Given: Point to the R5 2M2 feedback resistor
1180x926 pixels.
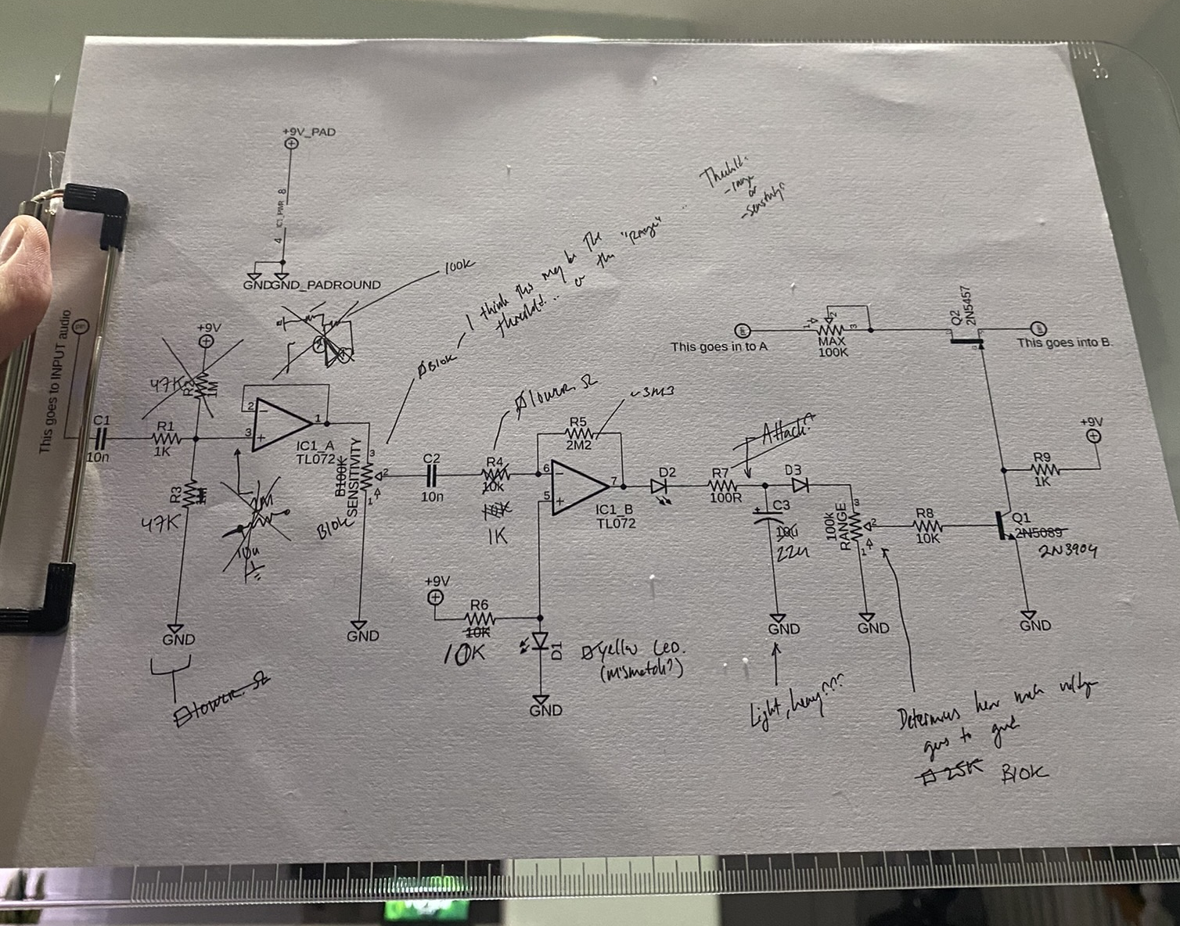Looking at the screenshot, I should (x=580, y=432).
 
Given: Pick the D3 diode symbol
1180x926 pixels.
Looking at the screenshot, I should (x=799, y=485).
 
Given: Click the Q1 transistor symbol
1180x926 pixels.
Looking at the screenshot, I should (x=1007, y=525).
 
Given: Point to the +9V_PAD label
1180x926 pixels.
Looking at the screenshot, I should (x=309, y=131).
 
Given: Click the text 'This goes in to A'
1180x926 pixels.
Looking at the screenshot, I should (x=718, y=346).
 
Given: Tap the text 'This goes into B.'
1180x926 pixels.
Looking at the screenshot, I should (x=1064, y=343).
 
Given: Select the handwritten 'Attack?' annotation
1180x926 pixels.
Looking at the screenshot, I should (x=787, y=433).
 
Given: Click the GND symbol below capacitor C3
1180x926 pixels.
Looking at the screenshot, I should (x=780, y=619).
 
